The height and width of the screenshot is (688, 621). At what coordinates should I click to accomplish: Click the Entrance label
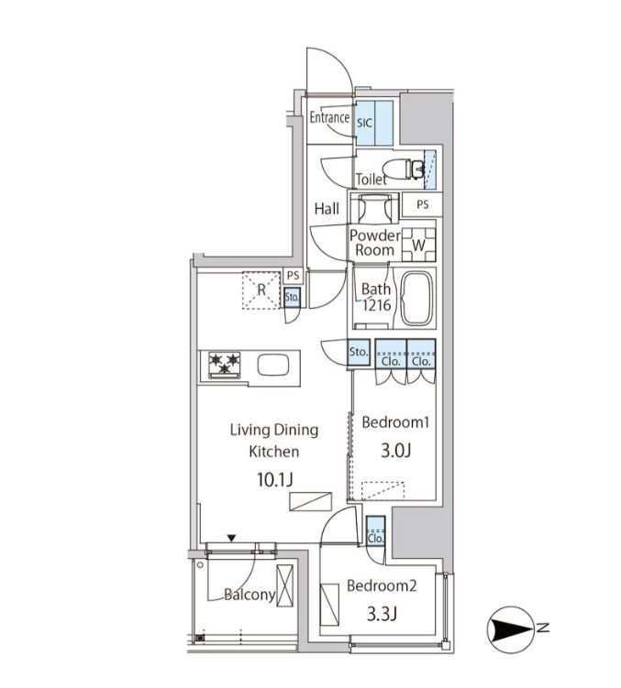click(x=329, y=117)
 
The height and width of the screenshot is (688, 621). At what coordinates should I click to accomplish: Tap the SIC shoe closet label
click(x=364, y=123)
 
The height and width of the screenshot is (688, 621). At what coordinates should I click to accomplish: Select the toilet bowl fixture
click(x=403, y=169)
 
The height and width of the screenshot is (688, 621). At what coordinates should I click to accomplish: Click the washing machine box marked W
click(x=419, y=245)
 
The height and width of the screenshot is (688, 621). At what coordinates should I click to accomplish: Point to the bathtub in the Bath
click(x=417, y=299)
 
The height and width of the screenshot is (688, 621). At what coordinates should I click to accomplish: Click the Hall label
click(x=327, y=209)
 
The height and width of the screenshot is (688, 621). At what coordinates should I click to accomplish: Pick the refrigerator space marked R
click(x=261, y=290)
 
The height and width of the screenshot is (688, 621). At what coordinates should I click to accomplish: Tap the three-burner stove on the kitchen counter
click(x=225, y=365)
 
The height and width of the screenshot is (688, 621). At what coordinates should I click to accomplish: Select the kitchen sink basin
click(x=273, y=365)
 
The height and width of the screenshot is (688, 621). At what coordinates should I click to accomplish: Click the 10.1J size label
click(x=274, y=480)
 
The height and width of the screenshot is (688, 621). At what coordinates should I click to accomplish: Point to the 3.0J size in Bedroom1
click(x=395, y=451)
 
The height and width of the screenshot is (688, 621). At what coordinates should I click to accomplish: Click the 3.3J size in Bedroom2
click(x=382, y=615)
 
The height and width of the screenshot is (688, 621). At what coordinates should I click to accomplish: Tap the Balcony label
click(x=250, y=595)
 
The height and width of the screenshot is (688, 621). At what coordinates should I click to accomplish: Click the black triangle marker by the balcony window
click(x=231, y=538)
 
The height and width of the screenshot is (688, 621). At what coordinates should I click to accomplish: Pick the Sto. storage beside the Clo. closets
click(x=359, y=353)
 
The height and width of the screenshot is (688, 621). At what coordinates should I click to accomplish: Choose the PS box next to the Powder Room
click(x=423, y=204)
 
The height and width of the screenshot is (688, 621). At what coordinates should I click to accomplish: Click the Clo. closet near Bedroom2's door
click(x=376, y=531)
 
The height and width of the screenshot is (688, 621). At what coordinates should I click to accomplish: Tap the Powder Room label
click(x=375, y=243)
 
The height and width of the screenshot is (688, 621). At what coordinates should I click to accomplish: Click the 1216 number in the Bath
click(x=377, y=305)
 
